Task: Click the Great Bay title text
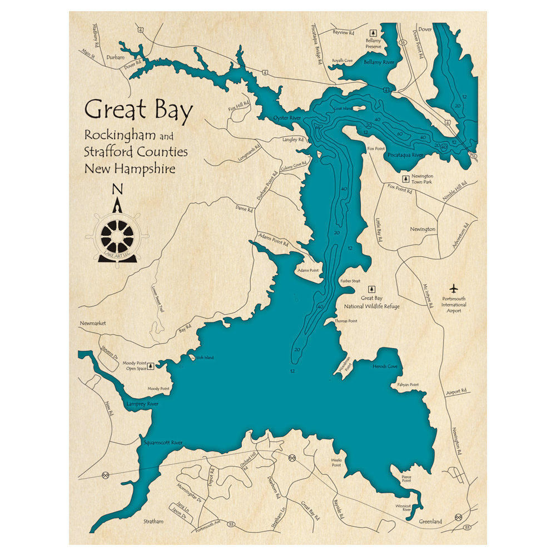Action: click(138, 109)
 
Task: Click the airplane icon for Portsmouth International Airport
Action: click(454, 289)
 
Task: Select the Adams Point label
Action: click(309, 270)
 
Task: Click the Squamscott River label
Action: click(163, 443)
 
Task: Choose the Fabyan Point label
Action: click(408, 385)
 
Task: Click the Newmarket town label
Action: click(93, 323)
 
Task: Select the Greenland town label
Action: click(430, 522)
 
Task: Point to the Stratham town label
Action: click(153, 522)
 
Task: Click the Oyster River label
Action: click(287, 118)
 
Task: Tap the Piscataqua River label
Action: click(406, 155)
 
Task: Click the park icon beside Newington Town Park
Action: click(406, 179)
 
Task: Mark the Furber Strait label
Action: click(350, 281)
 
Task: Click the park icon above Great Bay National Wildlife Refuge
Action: click(372, 290)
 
